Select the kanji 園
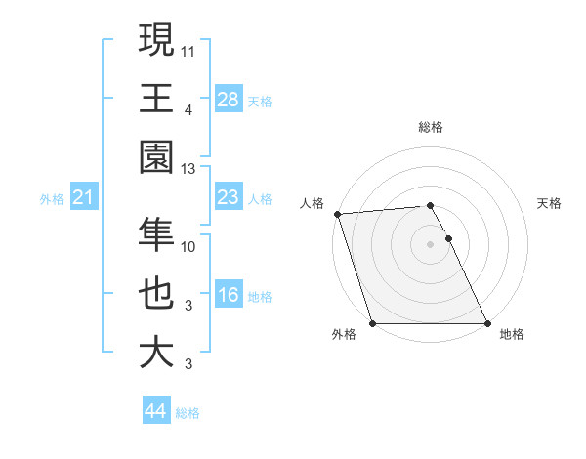point(156,158)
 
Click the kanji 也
point(156,294)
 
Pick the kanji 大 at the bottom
point(156,354)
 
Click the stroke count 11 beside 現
point(188,49)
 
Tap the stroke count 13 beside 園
point(188,169)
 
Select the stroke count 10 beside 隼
point(188,246)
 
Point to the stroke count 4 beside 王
point(188,110)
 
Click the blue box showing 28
point(228,99)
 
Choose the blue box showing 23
point(228,197)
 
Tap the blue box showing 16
point(228,295)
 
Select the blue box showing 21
point(83,198)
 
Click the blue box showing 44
point(155,411)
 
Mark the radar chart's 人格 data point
point(337,214)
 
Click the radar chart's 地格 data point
point(486,323)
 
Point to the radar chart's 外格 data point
point(373,323)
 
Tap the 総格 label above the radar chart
point(430,127)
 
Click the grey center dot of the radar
point(430,244)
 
